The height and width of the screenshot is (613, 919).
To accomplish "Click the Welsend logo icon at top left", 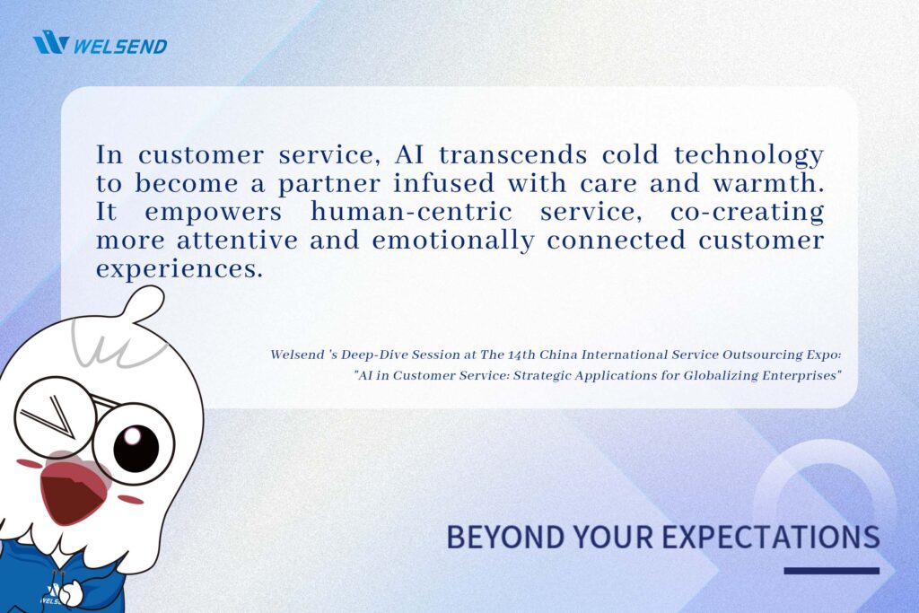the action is tap(51, 43).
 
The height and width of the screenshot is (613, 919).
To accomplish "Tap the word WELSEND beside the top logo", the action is tap(121, 46).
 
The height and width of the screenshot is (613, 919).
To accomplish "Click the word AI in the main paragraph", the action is tap(409, 154).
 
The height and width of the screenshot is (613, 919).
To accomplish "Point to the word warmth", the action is tap(768, 183).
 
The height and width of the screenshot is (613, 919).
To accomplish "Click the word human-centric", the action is tap(411, 211).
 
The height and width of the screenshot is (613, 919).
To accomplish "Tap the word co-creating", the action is tap(748, 213).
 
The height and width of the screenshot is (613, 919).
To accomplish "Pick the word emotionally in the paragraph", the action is tap(453, 241).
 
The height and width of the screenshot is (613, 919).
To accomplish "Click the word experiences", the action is tap(179, 269).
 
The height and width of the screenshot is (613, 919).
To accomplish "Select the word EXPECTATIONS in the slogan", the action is tap(767, 536).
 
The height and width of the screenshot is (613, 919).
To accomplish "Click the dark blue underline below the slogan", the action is tap(832, 571).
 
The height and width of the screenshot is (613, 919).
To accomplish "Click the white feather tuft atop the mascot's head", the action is tap(143, 305).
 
